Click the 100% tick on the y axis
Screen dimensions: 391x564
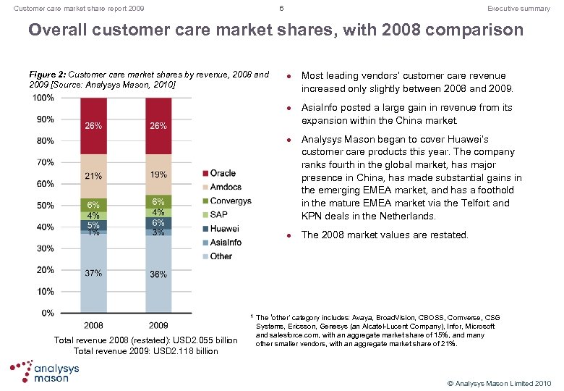(43, 98)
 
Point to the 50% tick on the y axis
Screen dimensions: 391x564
(45, 206)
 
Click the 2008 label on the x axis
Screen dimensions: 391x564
(93, 324)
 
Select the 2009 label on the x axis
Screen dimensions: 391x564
(158, 324)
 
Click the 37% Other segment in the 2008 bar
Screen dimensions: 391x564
(93, 274)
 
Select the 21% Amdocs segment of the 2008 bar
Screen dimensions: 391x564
(93, 176)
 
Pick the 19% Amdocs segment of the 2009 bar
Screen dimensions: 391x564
(158, 175)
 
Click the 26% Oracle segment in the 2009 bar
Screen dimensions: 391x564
(158, 126)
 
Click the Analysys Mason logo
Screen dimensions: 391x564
(46, 371)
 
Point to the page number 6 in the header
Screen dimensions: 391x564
(281, 9)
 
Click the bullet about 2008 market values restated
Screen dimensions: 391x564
(385, 235)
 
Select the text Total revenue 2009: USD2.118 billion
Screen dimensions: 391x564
(145, 351)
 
